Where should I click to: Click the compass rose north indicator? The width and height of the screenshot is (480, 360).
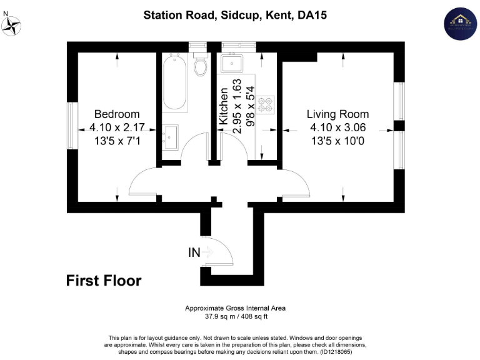coord(12,25)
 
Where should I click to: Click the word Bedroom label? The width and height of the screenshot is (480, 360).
coord(117,114)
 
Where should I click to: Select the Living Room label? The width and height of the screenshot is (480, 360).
coord(337,114)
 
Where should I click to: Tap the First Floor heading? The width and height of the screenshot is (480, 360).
coord(104,281)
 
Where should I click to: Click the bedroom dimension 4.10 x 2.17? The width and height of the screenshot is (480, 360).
coord(117,127)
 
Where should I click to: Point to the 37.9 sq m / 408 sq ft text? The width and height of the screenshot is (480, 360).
coord(235,316)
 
